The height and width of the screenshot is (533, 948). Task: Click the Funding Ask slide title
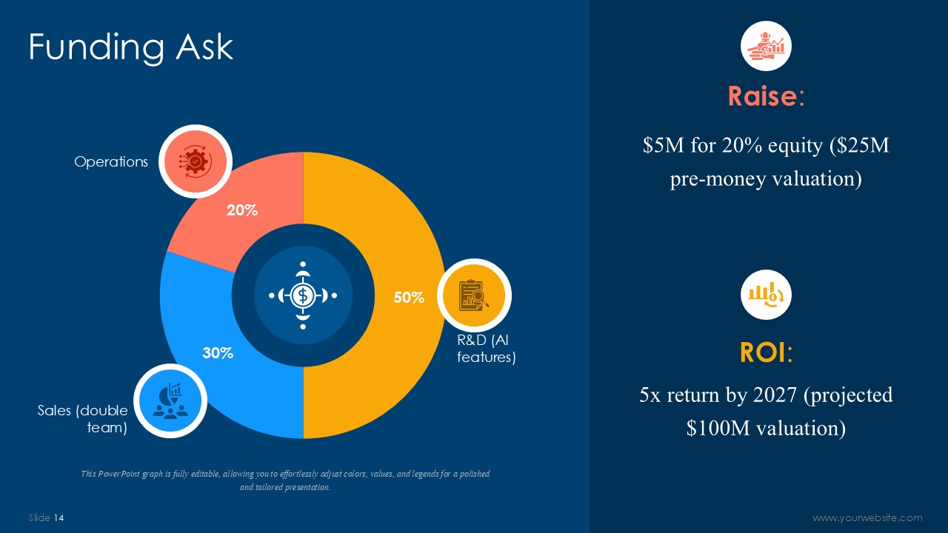(x=131, y=47)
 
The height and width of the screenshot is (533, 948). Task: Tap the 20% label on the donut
(x=242, y=210)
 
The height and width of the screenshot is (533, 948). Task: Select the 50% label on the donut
(x=409, y=298)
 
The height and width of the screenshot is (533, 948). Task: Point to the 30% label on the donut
(x=218, y=353)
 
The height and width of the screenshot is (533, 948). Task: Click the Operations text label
(x=111, y=161)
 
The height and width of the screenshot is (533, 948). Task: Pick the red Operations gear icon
(x=196, y=161)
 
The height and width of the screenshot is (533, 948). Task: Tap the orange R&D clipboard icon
(x=474, y=295)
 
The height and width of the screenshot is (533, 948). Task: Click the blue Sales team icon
(x=170, y=400)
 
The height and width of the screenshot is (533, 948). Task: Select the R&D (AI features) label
(x=487, y=349)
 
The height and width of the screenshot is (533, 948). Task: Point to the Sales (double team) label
(x=82, y=419)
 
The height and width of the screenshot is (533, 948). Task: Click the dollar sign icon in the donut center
(x=303, y=295)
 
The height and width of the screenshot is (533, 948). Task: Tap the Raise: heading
(x=766, y=96)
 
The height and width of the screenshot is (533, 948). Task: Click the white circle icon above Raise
(x=766, y=46)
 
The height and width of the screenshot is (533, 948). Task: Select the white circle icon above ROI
(x=766, y=295)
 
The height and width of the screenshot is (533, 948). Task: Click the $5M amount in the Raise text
(x=663, y=145)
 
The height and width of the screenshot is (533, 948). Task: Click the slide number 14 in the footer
(x=59, y=517)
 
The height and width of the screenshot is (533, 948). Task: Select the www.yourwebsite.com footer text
(x=867, y=517)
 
